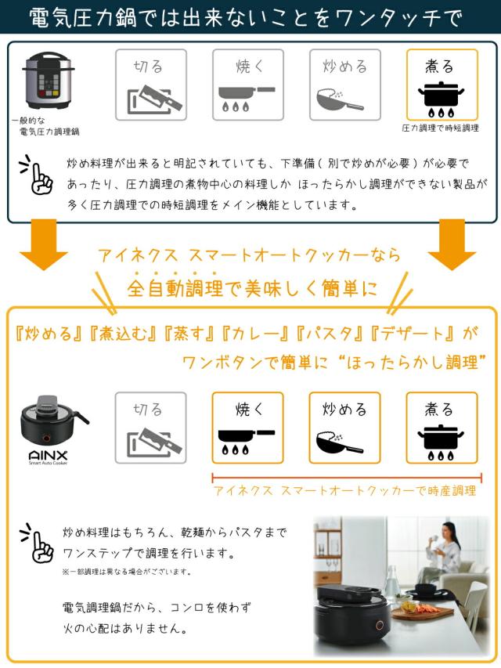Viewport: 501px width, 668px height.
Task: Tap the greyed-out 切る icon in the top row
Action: [151, 85]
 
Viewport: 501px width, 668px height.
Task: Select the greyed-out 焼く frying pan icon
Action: [248, 85]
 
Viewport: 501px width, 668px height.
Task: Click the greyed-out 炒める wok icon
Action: [344, 85]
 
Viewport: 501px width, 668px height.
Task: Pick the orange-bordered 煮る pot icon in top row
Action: [442, 85]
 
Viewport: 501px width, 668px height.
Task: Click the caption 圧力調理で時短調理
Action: [441, 128]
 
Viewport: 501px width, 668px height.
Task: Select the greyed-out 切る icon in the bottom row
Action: [151, 428]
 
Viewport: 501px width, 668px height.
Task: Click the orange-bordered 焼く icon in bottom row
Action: [248, 428]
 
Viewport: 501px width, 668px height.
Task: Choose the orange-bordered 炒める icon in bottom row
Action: [344, 428]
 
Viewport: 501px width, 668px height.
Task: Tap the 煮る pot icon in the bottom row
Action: [442, 428]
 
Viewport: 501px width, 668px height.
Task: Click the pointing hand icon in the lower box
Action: [37, 544]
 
